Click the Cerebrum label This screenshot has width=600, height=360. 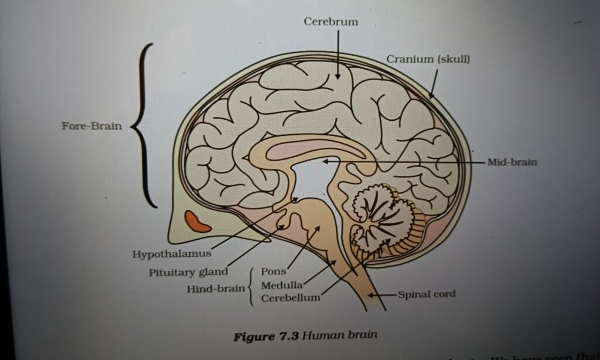point(331,22)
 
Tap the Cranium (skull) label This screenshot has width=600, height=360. point(428,60)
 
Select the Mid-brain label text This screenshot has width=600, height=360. point(512,162)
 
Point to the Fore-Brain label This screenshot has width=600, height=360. point(92,126)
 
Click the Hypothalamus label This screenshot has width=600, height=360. point(163,254)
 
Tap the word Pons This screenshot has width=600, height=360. point(273,272)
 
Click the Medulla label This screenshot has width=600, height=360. point(281,286)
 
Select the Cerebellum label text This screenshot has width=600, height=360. point(291,298)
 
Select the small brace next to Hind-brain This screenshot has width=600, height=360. point(251,287)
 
